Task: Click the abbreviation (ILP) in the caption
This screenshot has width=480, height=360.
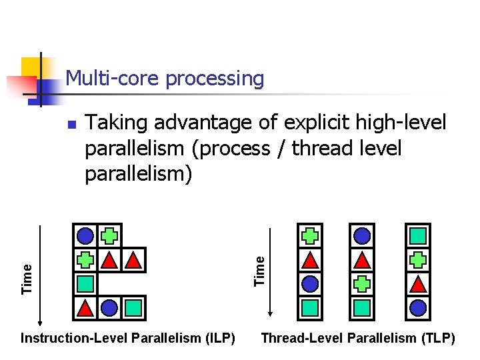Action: click(216, 338)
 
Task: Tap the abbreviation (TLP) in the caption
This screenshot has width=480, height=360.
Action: click(436, 338)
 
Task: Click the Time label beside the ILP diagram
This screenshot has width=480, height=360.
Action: click(27, 277)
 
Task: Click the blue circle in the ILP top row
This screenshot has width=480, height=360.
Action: click(85, 235)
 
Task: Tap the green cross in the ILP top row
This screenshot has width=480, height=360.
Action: click(109, 235)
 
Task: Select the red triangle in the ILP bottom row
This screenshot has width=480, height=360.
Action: click(85, 307)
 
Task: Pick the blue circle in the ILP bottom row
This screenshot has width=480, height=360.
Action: click(109, 307)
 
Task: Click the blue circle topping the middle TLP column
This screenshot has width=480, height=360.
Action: click(362, 235)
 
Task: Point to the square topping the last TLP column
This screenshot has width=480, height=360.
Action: click(418, 235)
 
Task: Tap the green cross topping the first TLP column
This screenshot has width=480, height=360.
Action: click(310, 235)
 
